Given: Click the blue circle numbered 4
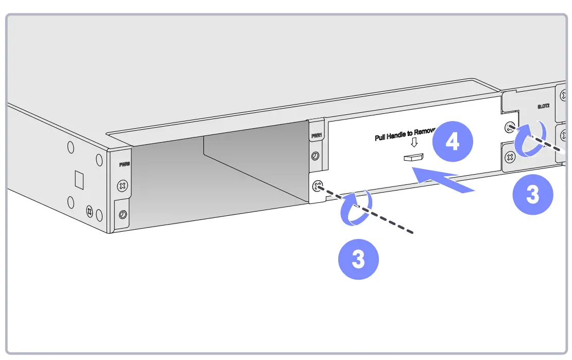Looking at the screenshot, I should coord(452,142).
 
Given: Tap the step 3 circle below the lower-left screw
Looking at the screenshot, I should coord(358,259).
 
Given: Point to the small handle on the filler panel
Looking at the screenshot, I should coord(413,158).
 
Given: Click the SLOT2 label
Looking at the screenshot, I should coord(544,107).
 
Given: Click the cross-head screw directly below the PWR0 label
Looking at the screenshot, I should coord(123,184).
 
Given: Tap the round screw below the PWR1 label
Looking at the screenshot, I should coord(315,156).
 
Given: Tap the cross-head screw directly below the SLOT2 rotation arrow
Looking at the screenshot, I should coord(510,157).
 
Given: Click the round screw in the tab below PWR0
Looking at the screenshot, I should coord(123,214).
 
